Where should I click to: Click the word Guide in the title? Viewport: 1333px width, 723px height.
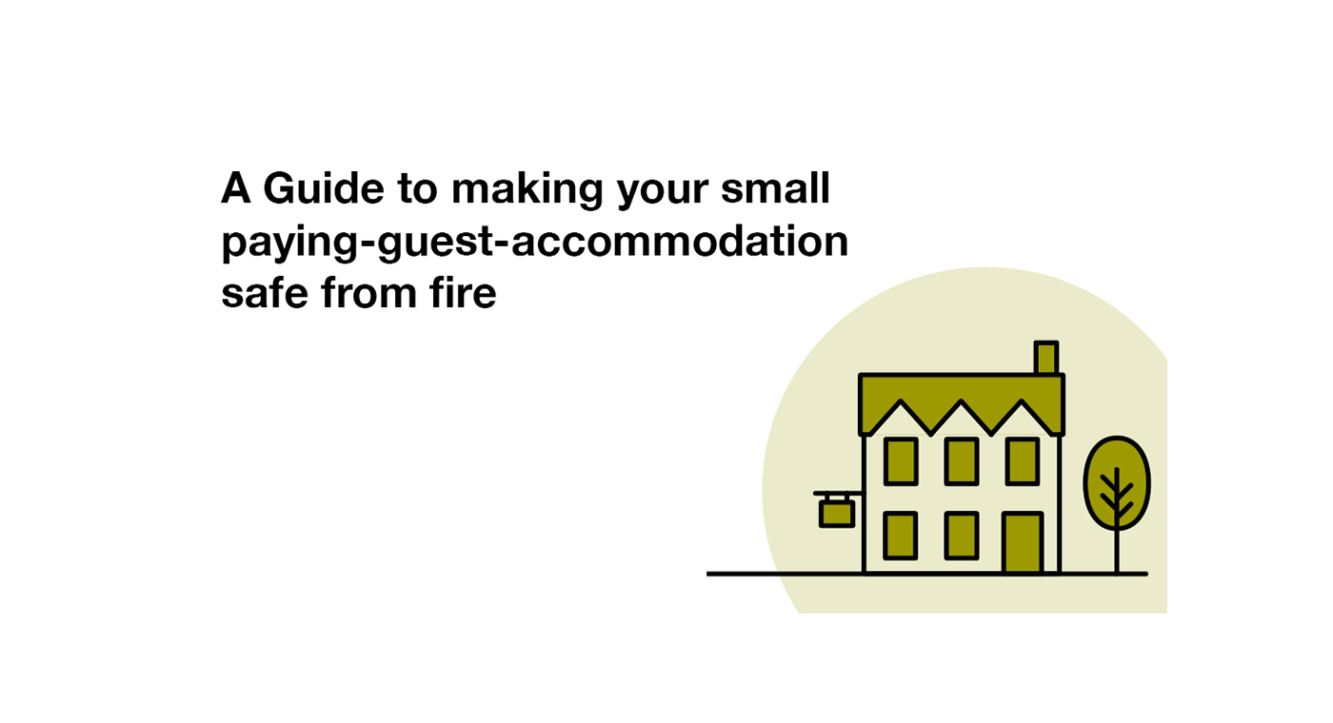point(324,188)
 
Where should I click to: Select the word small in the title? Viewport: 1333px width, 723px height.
point(775,188)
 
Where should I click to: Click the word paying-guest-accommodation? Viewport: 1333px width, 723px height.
point(535,244)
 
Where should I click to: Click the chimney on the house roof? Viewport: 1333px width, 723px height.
point(1046,358)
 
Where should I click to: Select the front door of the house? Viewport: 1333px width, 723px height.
point(1023,543)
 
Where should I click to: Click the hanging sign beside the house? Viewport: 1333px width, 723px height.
point(837,514)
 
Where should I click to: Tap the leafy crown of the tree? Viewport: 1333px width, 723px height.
point(1117,483)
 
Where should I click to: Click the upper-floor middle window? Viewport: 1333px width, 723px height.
point(962,461)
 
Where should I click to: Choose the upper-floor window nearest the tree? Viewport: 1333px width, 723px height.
point(1023,461)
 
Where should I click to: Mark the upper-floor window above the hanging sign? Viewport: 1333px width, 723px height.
point(901,461)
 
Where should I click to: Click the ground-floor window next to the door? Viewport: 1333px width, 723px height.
point(962,536)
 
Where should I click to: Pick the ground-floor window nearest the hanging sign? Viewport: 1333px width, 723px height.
point(901,536)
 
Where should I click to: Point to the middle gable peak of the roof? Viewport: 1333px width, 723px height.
point(962,401)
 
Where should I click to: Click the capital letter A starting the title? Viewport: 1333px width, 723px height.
point(236,188)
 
